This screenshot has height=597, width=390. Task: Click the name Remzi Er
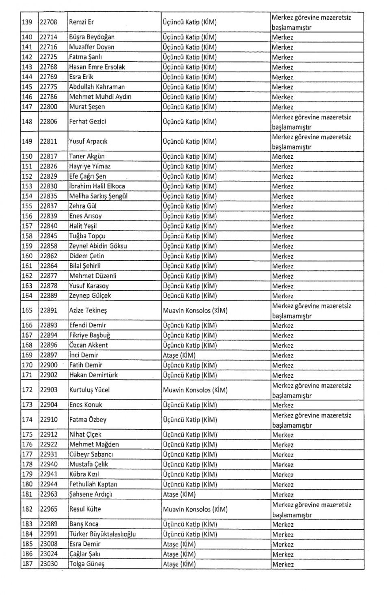(x=82, y=22)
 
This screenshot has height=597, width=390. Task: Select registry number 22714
(x=48, y=37)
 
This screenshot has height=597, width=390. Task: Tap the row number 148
(x=27, y=121)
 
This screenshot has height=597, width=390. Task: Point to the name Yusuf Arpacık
(x=88, y=141)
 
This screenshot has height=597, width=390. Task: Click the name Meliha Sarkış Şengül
(x=98, y=196)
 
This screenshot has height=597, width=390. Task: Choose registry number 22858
(x=48, y=246)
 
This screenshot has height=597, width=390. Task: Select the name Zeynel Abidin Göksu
(x=98, y=246)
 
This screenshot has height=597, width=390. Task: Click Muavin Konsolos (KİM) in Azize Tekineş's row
(x=195, y=311)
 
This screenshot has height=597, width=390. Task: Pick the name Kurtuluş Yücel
(x=89, y=390)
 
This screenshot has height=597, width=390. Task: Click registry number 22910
(x=48, y=420)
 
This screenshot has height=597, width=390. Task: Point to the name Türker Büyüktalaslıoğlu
(x=102, y=534)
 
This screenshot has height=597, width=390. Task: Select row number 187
(x=27, y=564)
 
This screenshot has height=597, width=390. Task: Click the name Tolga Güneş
(x=87, y=564)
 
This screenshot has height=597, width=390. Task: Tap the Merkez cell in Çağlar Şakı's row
(x=283, y=554)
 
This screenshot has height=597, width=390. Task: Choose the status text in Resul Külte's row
(x=312, y=510)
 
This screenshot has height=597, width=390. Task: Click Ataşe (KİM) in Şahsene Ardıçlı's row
(x=179, y=495)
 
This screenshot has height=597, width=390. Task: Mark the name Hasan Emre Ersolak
(x=97, y=67)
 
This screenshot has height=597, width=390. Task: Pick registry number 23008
(x=48, y=544)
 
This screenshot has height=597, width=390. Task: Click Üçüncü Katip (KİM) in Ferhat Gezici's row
(x=190, y=121)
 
